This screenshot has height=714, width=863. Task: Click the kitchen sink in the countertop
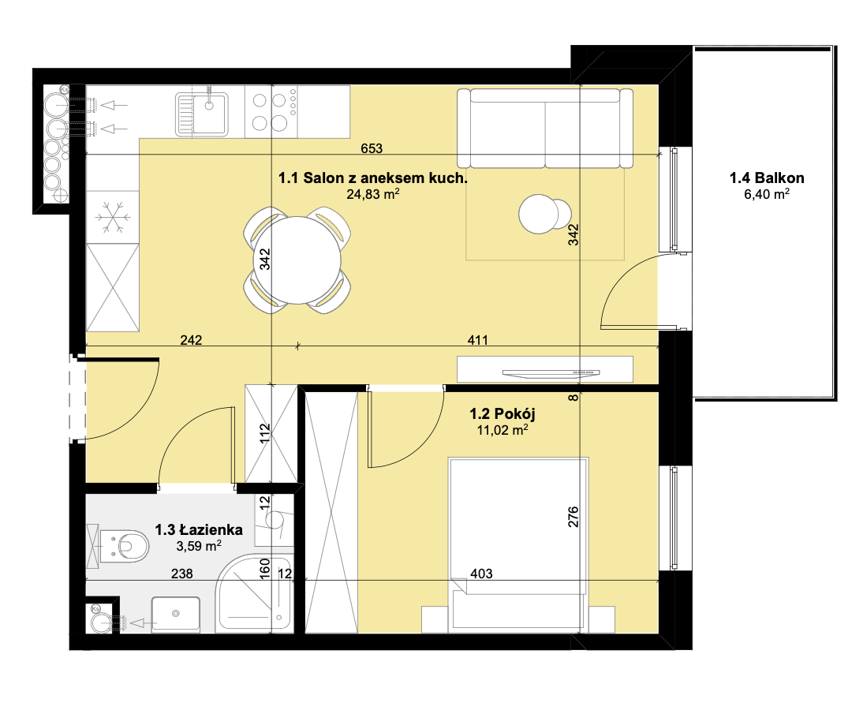coord(201,114)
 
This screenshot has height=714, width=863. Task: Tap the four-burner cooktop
coord(271,112)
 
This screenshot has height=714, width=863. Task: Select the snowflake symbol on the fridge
coord(113,218)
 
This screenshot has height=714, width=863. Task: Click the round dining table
coord(297,260)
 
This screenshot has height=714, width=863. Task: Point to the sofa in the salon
coord(545,128)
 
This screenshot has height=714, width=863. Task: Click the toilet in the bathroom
coord(118,546)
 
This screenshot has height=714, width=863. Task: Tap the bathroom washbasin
coord(176,615)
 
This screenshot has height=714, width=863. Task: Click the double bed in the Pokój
coord(518,545)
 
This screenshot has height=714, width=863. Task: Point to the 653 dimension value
coord(372,148)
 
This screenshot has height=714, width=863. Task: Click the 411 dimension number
coord(478,340)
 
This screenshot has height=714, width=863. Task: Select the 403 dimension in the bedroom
coord(481,574)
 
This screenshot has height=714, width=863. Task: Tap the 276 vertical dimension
coord(573,517)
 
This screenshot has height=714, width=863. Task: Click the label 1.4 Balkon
coord(767,178)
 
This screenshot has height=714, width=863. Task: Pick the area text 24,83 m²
coord(373,194)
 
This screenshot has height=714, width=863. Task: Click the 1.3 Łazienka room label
coord(199,529)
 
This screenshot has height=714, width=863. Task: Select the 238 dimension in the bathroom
coord(182,574)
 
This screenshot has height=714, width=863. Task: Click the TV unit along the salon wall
coord(545,369)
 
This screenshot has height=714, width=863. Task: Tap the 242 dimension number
coord(191,340)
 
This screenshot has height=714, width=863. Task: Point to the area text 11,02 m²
coord(502,430)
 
